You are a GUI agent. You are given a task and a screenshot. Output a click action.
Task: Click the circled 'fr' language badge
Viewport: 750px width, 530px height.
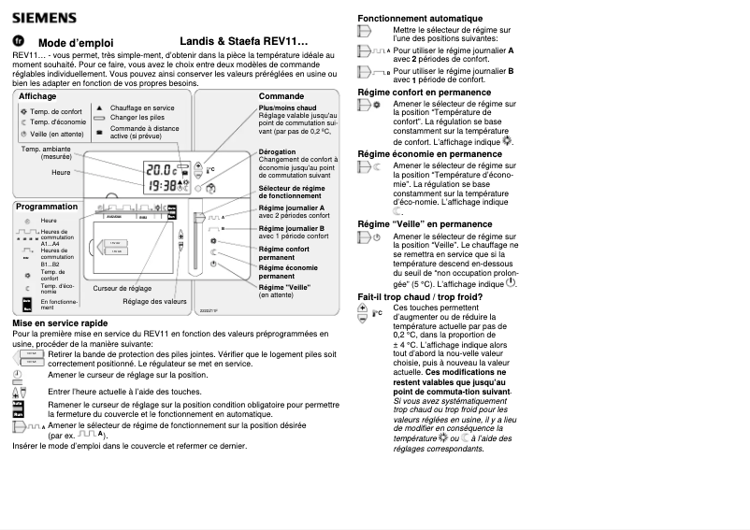pyautogui.click(x=18, y=41)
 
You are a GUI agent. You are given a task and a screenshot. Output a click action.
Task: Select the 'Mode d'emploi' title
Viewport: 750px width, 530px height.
pyautogui.click(x=76, y=43)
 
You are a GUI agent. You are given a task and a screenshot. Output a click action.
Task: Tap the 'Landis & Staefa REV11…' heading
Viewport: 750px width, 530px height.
pyautogui.click(x=244, y=42)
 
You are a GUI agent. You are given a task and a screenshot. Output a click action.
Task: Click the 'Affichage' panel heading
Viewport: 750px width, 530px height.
pyautogui.click(x=37, y=96)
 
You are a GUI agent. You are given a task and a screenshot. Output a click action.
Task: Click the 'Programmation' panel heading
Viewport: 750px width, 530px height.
pyautogui.click(x=46, y=207)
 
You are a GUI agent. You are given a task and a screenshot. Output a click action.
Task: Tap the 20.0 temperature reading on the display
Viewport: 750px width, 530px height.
pyautogui.click(x=161, y=170)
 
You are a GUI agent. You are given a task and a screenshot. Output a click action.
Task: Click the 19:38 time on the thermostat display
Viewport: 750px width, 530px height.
pyautogui.click(x=161, y=185)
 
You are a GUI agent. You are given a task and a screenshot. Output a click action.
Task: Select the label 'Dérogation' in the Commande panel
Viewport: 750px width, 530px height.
pyautogui.click(x=277, y=151)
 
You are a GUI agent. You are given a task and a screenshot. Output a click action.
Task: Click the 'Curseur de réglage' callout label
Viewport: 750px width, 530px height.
pyautogui.click(x=123, y=288)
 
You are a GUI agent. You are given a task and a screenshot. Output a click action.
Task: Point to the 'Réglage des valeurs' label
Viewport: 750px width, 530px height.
pyautogui.click(x=155, y=302)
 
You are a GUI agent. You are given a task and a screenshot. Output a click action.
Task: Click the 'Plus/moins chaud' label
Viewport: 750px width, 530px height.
pyautogui.click(x=287, y=107)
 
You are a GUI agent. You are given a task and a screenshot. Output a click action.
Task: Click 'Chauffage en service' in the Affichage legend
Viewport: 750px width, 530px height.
pyautogui.click(x=142, y=107)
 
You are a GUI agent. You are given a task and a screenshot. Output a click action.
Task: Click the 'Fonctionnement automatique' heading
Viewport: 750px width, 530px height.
pyautogui.click(x=420, y=19)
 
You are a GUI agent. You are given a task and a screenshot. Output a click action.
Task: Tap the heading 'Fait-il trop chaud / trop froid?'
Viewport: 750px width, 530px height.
pyautogui.click(x=421, y=297)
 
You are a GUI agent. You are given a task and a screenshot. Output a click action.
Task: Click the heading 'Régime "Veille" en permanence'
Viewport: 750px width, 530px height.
pyautogui.click(x=425, y=224)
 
